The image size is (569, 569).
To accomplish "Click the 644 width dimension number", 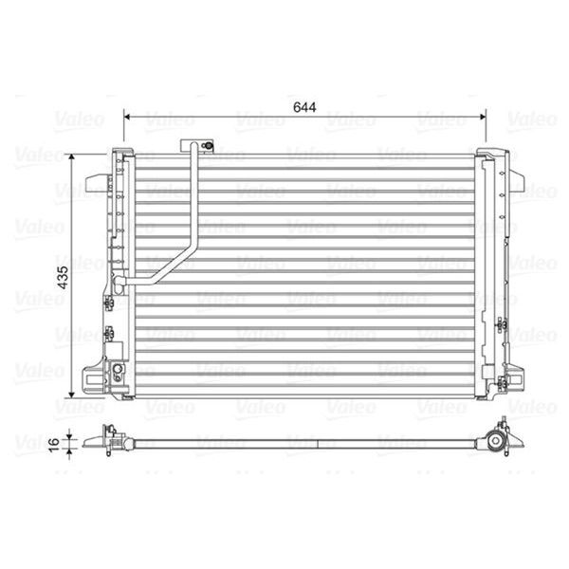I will [303, 106].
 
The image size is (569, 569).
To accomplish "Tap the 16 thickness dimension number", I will [54, 442].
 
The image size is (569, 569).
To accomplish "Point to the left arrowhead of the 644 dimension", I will [128, 119].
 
